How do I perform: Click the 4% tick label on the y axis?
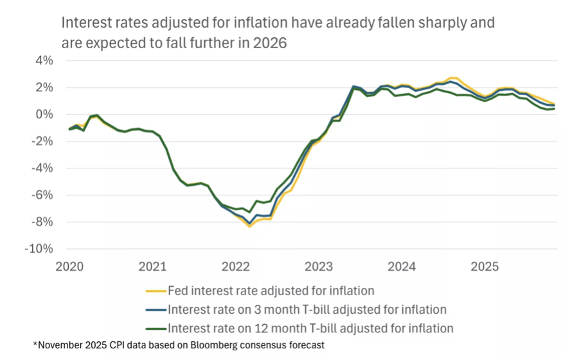pos(44,60)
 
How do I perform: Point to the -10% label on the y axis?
pos(39,249)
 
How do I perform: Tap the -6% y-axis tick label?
pos(42,195)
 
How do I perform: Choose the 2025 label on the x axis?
pos(483,265)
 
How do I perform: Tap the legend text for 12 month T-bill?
pos(310,328)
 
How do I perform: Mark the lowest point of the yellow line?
pos(249,226)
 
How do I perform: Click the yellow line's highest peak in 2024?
pos(453,78)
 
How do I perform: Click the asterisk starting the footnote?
pos(35,345)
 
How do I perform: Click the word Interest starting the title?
pos(85,23)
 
